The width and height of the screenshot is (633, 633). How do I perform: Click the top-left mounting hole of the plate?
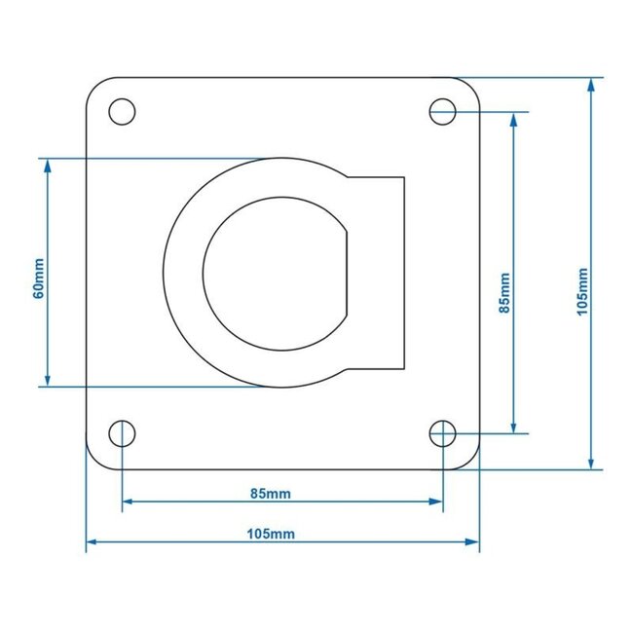tap(122, 112)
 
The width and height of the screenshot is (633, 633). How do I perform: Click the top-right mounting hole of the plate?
tap(443, 112)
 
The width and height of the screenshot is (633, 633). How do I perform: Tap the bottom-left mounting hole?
tap(122, 433)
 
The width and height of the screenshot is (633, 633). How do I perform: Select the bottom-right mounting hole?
tap(443, 433)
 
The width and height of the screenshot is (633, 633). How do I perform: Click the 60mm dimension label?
tap(38, 278)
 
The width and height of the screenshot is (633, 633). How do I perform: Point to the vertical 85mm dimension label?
tap(503, 292)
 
